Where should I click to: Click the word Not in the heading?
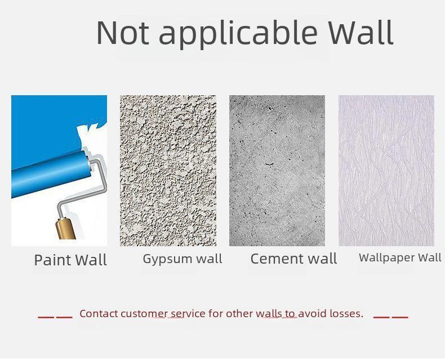123,32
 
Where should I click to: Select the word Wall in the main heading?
361,32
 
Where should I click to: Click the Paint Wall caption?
70,260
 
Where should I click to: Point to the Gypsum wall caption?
183,259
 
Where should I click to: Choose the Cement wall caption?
293,259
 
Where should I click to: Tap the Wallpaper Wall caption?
400,258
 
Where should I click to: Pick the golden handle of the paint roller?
65,228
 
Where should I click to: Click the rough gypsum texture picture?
168,170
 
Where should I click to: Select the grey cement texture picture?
277,170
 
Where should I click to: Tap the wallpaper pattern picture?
386,170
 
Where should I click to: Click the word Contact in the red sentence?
99,313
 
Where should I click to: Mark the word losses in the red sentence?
346,313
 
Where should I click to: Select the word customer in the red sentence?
144,314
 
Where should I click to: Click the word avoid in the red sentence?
313,313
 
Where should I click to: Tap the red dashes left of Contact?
55,317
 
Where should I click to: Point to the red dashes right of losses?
390,317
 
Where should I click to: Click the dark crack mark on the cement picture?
269,164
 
